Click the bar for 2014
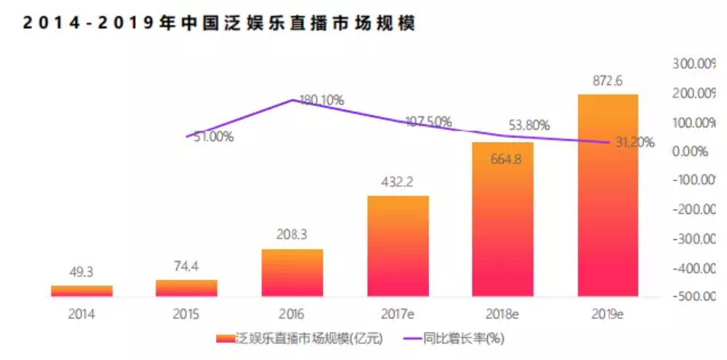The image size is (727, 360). (x=81, y=291)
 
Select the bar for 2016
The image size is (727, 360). (x=292, y=273)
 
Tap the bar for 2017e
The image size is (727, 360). (x=398, y=246)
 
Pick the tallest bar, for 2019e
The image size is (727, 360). (x=608, y=195)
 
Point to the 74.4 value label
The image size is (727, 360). (x=187, y=268)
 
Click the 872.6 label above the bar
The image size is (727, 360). (x=608, y=81)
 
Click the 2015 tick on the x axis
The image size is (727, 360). (x=187, y=314)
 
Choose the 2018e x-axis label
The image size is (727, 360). (x=502, y=314)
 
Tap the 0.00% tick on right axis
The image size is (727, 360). (x=691, y=152)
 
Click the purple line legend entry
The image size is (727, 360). (x=454, y=339)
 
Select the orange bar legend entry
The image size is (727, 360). (x=298, y=339)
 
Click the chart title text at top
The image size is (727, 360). (x=218, y=23)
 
